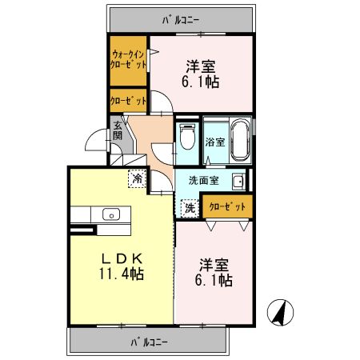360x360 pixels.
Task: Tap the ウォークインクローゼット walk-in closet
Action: [x=128, y=61]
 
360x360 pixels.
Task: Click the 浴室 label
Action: [x=214, y=143]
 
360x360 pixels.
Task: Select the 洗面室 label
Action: [x=203, y=181]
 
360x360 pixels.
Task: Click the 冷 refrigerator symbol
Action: [x=138, y=178]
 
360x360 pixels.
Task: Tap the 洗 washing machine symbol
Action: [x=190, y=208]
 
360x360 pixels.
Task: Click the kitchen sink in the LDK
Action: [x=110, y=214]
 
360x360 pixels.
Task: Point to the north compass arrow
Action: [x=279, y=311]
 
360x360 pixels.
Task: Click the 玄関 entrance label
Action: [x=117, y=130]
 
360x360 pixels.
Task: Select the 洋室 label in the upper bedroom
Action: [x=200, y=66]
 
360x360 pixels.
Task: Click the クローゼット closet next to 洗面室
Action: [x=227, y=206]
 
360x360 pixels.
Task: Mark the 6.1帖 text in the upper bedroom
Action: [x=200, y=81]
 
